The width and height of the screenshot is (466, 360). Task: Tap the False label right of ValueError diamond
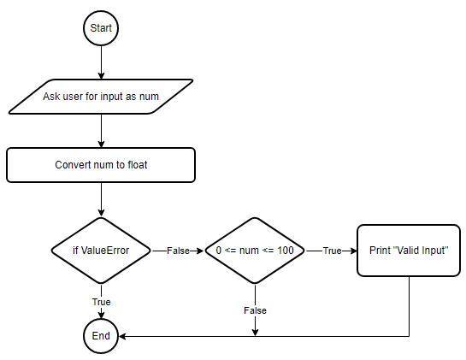(x=178, y=251)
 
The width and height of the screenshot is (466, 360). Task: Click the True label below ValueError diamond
(x=102, y=302)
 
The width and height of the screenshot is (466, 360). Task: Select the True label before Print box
(x=332, y=251)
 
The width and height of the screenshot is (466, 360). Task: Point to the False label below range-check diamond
(x=255, y=310)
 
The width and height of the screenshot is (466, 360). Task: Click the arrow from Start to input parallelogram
(x=101, y=62)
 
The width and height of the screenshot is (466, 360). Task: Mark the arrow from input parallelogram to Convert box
(x=101, y=131)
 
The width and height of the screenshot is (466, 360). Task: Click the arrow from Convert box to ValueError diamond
(x=101, y=199)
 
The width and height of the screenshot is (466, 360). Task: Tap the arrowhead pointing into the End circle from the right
(x=122, y=336)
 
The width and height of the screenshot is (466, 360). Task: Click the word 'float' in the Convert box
(x=138, y=165)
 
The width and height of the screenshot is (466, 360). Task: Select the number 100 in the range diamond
(x=286, y=251)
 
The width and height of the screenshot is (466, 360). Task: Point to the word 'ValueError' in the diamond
(x=105, y=251)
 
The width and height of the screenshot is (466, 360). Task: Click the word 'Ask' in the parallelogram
(x=50, y=97)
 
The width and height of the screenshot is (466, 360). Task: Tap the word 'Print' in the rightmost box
(x=380, y=251)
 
